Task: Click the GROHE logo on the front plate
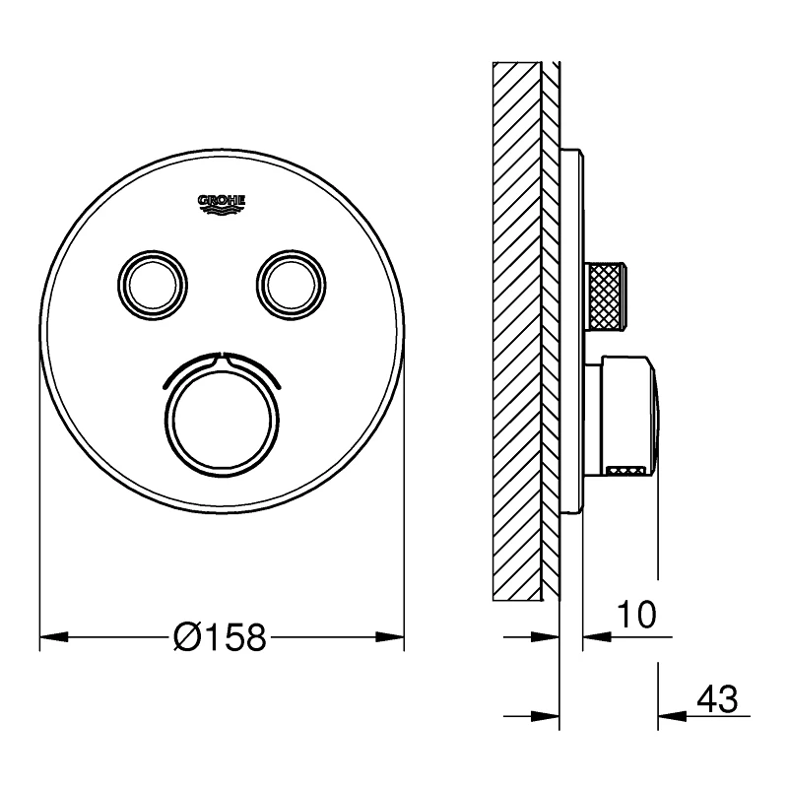pyautogui.click(x=222, y=202)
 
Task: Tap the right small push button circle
pyautogui.click(x=290, y=284)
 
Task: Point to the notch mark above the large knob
pyautogui.click(x=222, y=357)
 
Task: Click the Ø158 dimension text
pyautogui.click(x=220, y=638)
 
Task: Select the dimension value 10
pyautogui.click(x=634, y=616)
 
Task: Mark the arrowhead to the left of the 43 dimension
pyautogui.click(x=546, y=714)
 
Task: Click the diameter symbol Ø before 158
pyautogui.click(x=186, y=638)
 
